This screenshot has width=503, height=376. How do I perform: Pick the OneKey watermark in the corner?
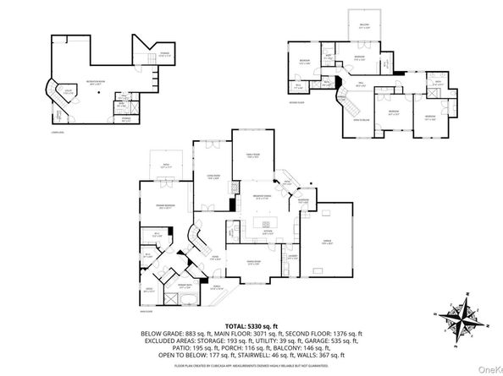point(489,368)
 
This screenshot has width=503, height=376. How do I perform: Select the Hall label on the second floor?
point(360,82)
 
